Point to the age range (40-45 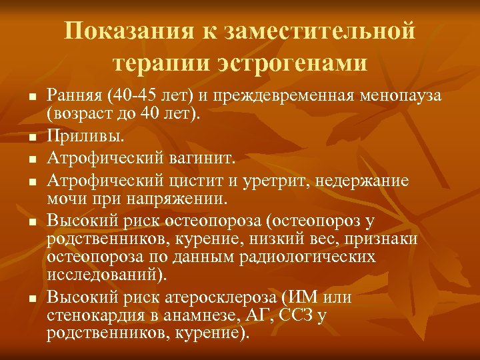[x=134, y=96]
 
